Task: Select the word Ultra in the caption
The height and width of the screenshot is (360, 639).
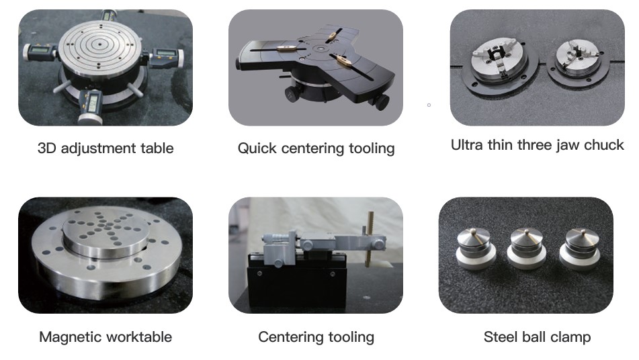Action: click(467, 145)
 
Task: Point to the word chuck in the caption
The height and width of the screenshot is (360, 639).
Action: click(603, 145)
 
